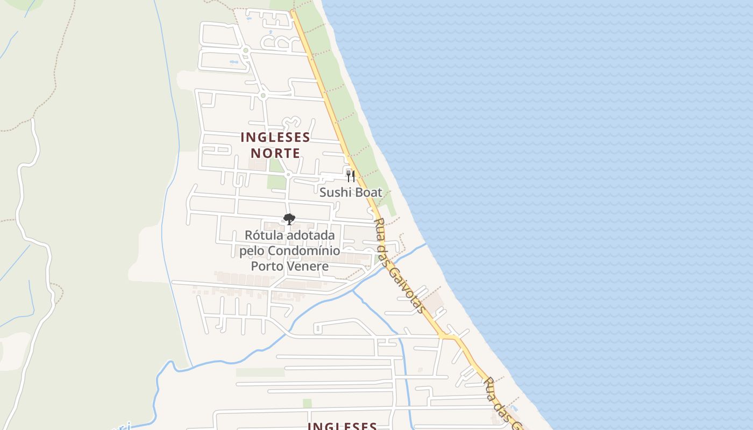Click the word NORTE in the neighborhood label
(275, 153)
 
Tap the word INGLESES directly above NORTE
(275, 138)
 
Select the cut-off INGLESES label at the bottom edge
(342, 426)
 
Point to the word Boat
(367, 192)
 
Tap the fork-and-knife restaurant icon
(350, 176)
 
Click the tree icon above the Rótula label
(289, 219)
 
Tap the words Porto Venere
(289, 266)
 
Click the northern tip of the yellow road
(292, 11)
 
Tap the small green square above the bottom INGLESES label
(307, 403)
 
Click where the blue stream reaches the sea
(427, 245)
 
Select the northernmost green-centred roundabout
(245, 51)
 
